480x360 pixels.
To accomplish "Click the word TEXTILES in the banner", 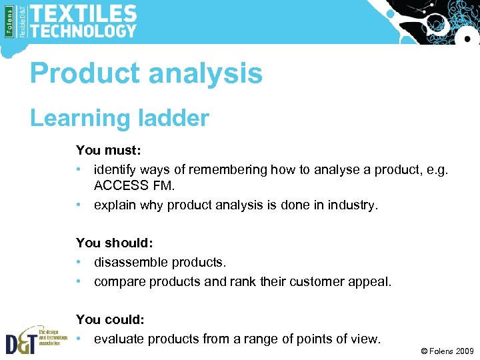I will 83,13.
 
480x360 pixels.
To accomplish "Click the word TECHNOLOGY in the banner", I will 83,31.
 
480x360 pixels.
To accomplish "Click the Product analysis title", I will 146,73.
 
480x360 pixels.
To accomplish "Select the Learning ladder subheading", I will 119,118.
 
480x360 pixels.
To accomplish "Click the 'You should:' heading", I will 113,243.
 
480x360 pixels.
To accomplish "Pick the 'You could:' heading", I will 110,320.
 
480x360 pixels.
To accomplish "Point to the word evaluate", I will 119,339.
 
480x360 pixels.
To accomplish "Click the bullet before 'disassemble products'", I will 80,263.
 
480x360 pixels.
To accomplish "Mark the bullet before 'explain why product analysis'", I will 80,205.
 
